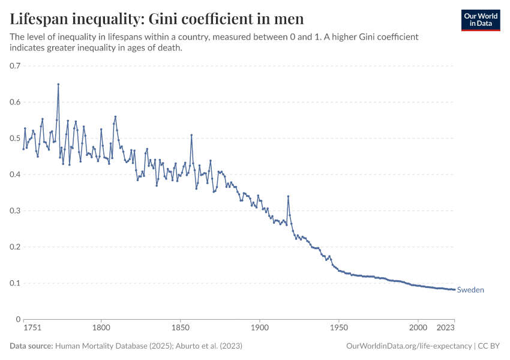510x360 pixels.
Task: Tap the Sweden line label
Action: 470,290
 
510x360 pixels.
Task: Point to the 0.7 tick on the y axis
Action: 16,66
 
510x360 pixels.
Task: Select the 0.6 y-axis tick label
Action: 16,102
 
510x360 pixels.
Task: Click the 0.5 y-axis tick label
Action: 16,139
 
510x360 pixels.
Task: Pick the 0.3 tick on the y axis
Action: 16,211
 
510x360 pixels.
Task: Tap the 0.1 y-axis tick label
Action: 16,283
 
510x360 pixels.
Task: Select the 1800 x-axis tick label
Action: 101,328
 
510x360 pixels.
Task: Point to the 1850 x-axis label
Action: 181,328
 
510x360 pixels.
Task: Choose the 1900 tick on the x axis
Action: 260,328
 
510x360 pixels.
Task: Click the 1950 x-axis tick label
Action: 339,328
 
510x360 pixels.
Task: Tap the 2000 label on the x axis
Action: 418,328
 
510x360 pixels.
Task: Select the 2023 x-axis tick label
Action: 446,328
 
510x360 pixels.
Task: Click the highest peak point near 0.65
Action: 58,84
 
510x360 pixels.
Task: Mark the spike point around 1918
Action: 288,196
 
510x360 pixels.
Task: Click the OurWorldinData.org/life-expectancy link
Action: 409,346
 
